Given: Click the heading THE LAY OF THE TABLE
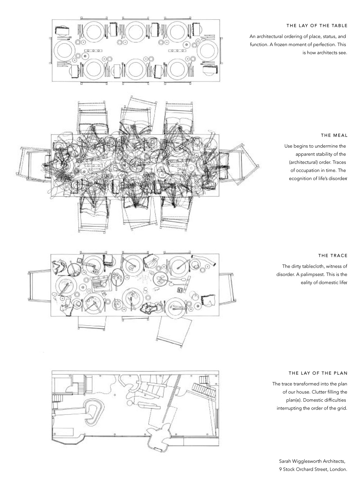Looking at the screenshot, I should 317,26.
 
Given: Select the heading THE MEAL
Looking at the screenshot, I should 334,135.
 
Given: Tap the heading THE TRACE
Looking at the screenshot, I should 333,256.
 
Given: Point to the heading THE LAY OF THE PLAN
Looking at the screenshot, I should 318,373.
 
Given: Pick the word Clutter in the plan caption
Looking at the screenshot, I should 310,392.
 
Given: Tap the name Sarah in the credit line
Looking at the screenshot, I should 285,461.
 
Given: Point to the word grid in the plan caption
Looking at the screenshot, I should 342,408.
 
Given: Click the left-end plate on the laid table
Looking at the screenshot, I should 65,50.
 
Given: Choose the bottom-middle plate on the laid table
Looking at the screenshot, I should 136,68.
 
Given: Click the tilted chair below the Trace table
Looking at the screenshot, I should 174,332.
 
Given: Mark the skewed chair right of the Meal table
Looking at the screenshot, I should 242,165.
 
